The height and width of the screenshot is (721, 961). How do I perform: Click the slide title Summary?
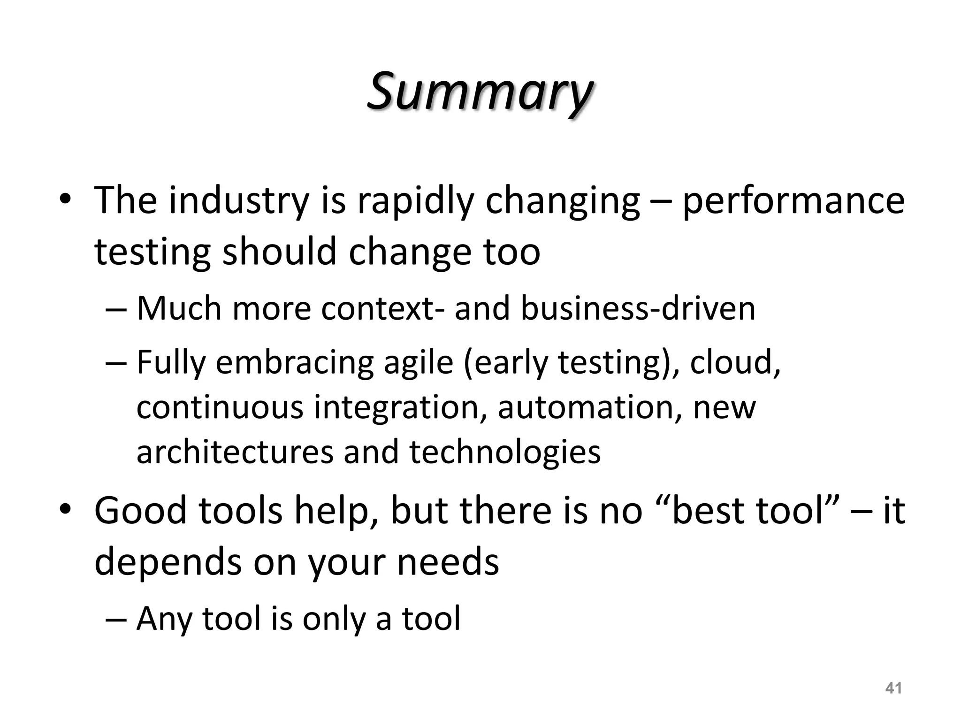click(x=480, y=92)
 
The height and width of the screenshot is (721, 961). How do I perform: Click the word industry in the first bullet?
click(x=238, y=201)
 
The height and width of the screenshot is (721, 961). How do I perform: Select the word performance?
click(x=793, y=201)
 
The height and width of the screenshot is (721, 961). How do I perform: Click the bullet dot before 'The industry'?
click(x=65, y=201)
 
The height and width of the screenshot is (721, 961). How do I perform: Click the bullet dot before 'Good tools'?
click(x=65, y=510)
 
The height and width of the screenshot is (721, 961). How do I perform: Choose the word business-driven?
click(x=638, y=308)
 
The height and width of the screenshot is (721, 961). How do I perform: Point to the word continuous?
click(x=220, y=407)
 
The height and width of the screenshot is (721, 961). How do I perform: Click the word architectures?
click(x=235, y=452)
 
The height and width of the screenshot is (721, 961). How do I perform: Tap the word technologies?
click(x=505, y=452)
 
